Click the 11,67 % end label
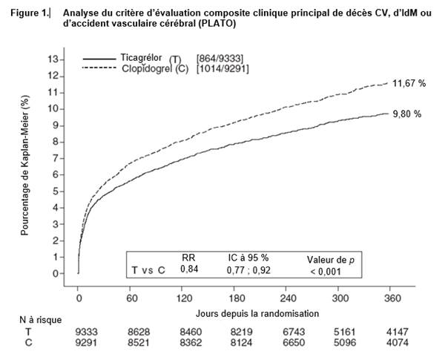coord(409,84)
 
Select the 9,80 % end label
coord(407,114)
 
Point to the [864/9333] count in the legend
coord(220,58)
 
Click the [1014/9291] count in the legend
coord(223,69)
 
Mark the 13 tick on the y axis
coord(51,59)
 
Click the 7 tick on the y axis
coord(54,158)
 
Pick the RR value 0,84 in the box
coord(189,272)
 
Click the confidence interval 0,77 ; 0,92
coord(248,272)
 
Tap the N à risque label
coord(40,319)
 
